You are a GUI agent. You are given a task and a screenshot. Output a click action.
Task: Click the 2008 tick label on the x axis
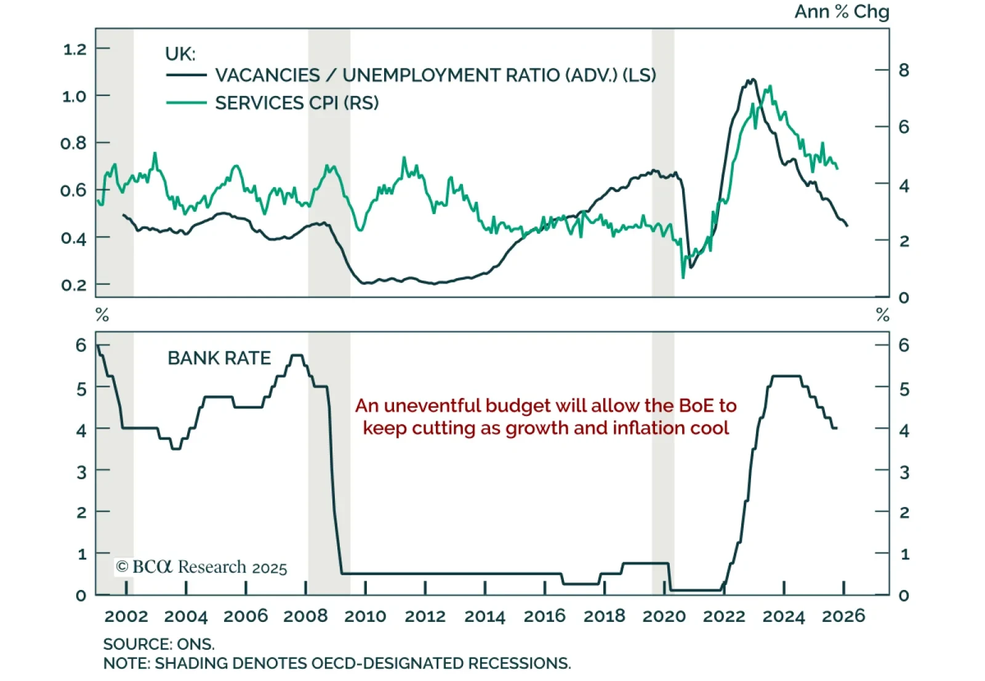tap(305, 616)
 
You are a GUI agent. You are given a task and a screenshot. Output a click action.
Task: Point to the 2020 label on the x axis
tap(664, 616)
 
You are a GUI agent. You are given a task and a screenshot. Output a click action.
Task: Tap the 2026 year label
tap(843, 616)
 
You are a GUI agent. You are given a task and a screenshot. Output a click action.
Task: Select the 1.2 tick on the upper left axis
tap(75, 49)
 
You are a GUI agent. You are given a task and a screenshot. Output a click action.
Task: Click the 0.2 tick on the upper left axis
tap(75, 285)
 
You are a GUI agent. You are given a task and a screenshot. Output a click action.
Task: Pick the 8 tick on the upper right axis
tap(904, 70)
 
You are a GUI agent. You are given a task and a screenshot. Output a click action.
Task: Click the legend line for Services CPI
tap(186, 103)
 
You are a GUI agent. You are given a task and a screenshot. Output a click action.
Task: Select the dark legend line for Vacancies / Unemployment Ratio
tap(186, 75)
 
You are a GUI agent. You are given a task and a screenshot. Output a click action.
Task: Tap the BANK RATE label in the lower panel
tap(219, 358)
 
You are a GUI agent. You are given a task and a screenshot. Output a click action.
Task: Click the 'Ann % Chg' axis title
tap(842, 12)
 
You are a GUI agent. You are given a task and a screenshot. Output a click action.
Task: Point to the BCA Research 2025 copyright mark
tap(201, 567)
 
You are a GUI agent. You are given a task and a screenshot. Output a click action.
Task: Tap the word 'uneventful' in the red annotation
tap(432, 405)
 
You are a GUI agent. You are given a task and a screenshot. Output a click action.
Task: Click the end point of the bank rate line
tap(836, 428)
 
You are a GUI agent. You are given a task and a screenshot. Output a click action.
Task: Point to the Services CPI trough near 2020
tap(683, 277)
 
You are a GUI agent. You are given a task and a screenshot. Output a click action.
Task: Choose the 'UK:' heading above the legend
tap(180, 54)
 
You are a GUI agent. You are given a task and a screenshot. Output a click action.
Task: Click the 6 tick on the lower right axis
tap(904, 345)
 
